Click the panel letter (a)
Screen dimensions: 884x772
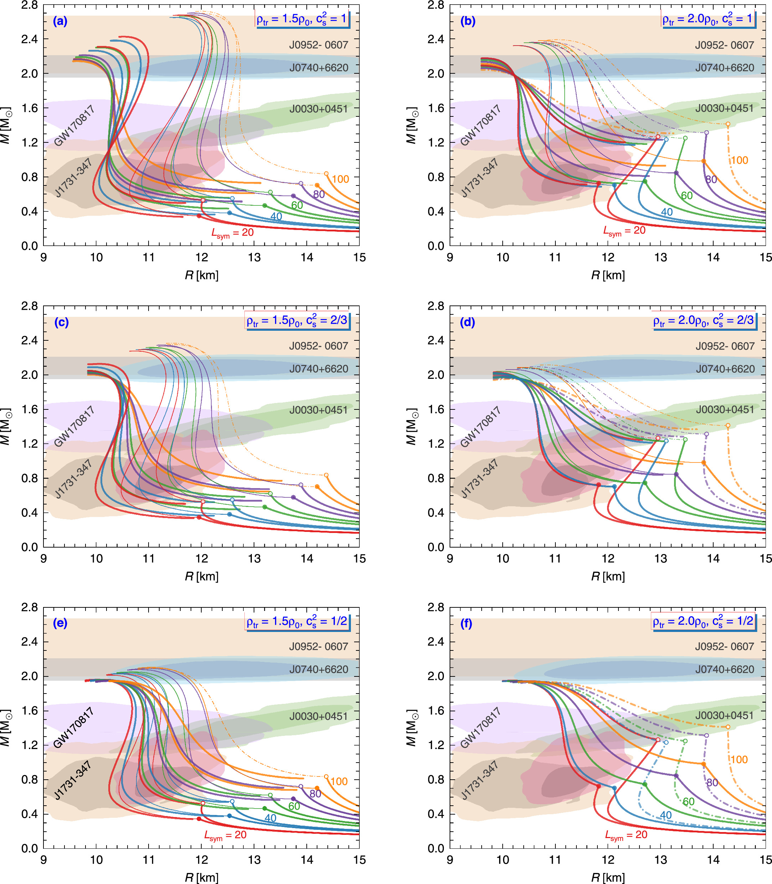point(60,21)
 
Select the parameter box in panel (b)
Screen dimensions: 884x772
point(709,19)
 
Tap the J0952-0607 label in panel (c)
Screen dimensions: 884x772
point(318,346)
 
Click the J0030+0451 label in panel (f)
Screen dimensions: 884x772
point(725,715)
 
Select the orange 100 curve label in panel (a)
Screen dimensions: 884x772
point(340,179)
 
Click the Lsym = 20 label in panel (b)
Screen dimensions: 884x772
point(624,231)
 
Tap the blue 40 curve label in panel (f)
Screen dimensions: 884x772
point(665,815)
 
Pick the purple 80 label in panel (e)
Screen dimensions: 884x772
point(315,794)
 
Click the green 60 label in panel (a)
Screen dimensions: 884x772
point(297,205)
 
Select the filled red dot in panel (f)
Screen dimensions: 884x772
point(599,786)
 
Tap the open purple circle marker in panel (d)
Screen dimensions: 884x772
point(706,434)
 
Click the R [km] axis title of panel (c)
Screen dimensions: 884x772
point(202,576)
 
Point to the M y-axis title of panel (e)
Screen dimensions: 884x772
point(6,728)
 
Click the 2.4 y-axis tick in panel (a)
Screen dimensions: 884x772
point(30,39)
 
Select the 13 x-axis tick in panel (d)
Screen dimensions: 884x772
point(660,559)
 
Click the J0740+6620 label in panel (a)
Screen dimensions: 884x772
point(318,68)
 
